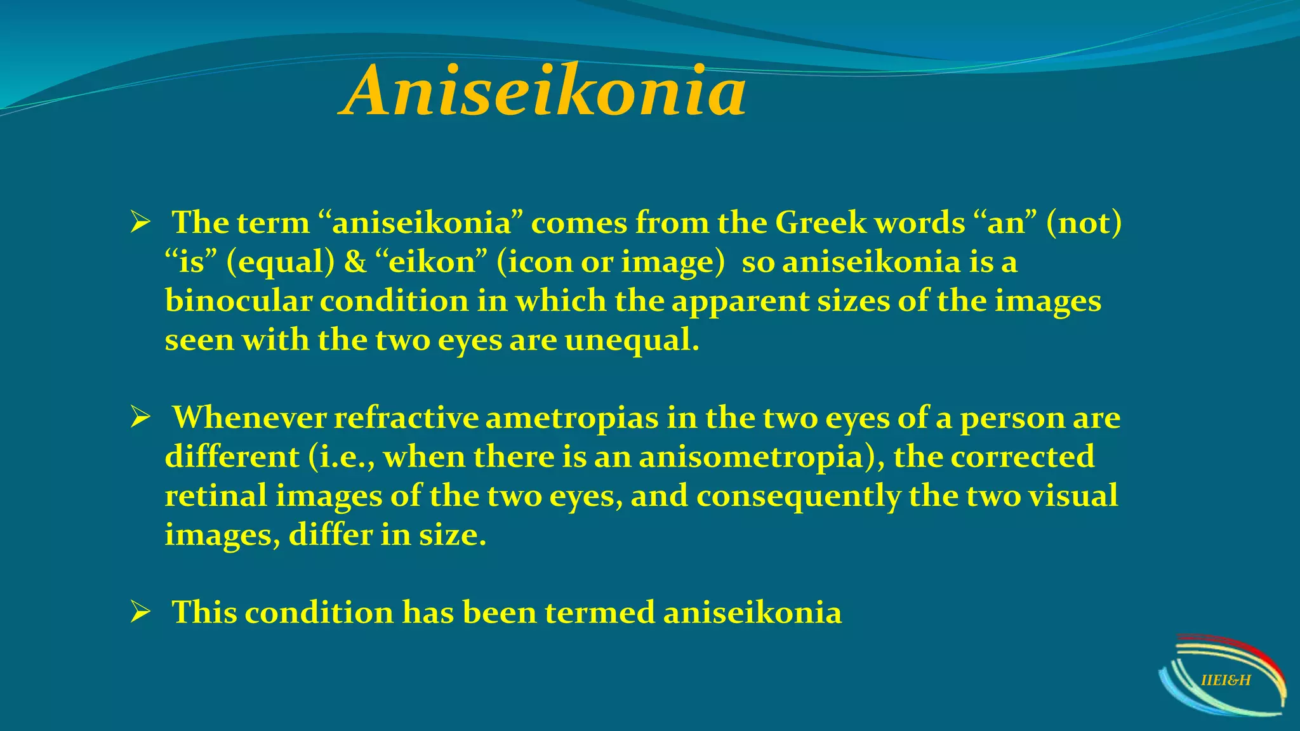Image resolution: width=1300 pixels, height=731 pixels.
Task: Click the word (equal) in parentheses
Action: [280, 263]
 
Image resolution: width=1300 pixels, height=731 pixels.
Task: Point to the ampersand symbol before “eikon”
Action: [355, 263]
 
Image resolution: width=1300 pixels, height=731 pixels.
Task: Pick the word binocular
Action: [238, 301]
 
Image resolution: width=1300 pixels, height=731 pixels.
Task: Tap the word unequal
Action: [632, 341]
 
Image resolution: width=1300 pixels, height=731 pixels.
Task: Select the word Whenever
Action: [249, 418]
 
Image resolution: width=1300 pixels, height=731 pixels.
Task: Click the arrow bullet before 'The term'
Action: [140, 223]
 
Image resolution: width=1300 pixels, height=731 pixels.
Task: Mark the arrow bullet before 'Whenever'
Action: [140, 418]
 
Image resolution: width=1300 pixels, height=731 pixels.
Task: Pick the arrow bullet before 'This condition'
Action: [140, 613]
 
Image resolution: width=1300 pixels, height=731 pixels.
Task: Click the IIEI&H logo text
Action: [1226, 681]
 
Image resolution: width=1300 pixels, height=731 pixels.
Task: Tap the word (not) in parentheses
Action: [1084, 223]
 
